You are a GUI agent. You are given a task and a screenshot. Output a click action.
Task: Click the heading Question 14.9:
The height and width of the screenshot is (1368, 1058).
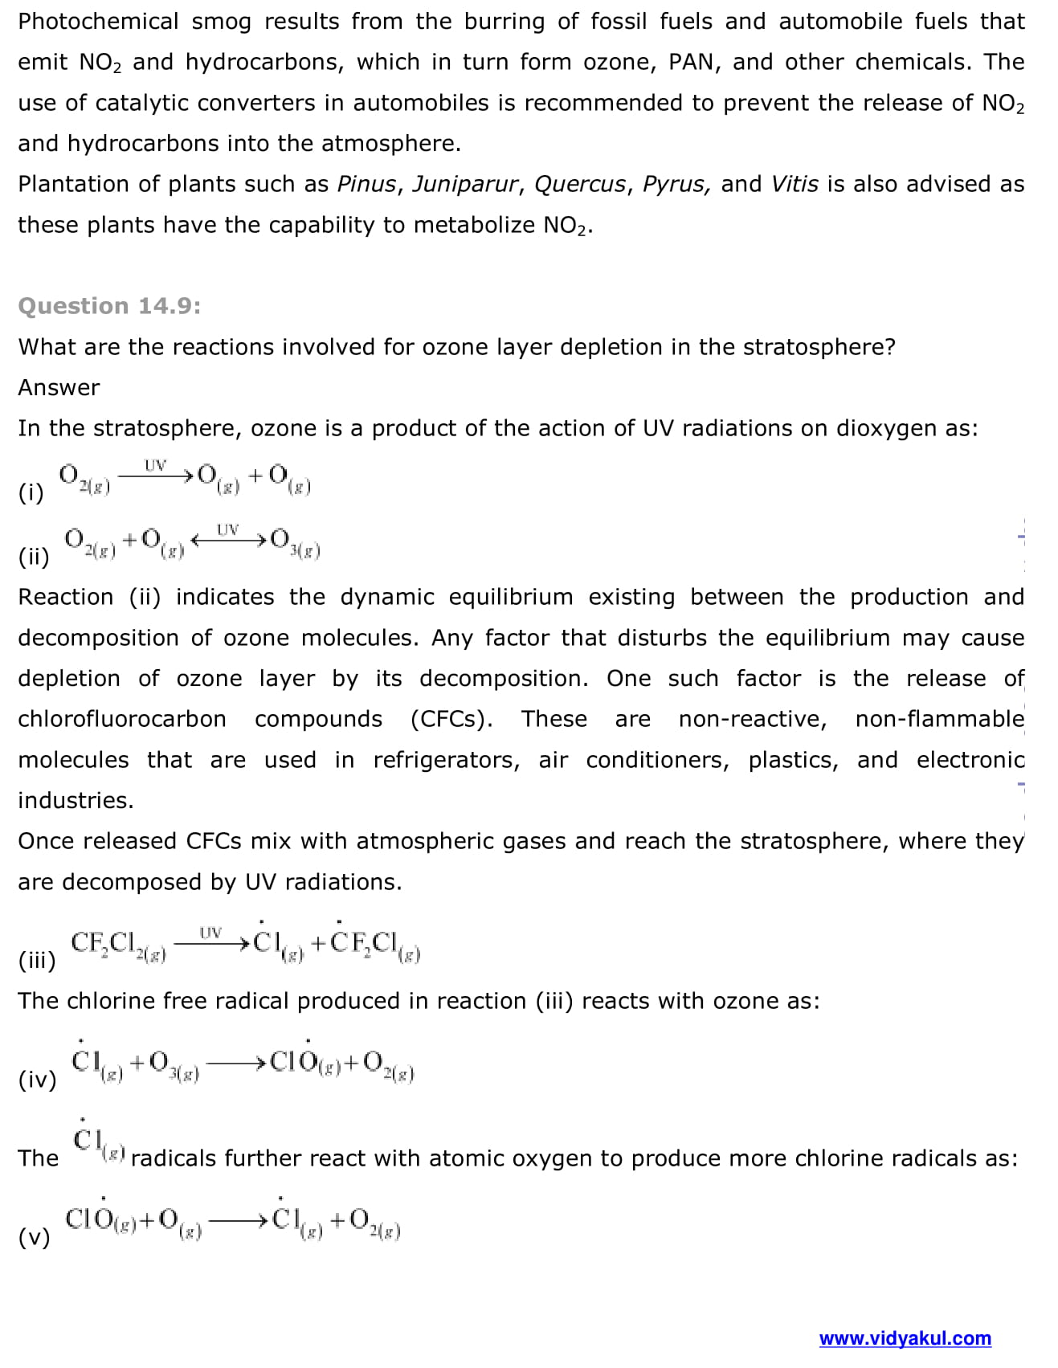(x=109, y=306)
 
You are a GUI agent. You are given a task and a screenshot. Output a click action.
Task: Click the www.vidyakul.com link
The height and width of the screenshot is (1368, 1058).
(x=905, y=1338)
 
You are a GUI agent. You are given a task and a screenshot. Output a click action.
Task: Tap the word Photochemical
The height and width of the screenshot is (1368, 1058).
(x=98, y=21)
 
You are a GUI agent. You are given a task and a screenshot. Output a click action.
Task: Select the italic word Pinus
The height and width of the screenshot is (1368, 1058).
(x=366, y=184)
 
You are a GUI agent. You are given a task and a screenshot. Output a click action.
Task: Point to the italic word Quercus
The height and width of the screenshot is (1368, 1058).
(x=580, y=184)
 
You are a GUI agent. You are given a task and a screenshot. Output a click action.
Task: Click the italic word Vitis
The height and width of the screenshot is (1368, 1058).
(x=795, y=184)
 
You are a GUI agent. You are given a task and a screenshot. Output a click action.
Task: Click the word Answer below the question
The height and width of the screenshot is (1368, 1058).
(x=59, y=387)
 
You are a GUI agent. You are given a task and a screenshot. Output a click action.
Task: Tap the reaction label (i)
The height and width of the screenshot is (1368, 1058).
(x=31, y=492)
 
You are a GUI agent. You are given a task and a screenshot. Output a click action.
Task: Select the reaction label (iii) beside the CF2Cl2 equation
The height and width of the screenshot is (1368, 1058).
(x=37, y=960)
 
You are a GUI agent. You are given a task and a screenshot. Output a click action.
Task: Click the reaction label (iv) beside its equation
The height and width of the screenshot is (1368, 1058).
(x=38, y=1080)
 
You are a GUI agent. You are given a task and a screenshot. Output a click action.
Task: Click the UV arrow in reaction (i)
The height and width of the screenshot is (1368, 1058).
(x=155, y=475)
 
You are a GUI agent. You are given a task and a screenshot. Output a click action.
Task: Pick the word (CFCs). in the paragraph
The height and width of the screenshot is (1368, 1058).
(x=451, y=719)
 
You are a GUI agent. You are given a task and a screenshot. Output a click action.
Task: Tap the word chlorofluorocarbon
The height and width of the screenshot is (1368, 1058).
(x=122, y=719)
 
